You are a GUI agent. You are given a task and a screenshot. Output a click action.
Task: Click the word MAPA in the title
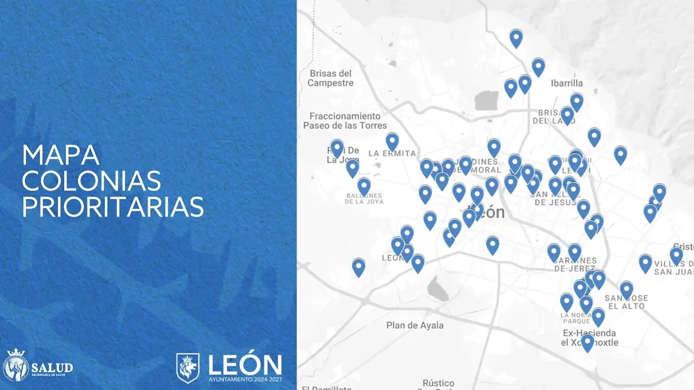tap(61, 156)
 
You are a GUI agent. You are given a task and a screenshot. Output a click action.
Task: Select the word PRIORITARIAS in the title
tap(113, 207)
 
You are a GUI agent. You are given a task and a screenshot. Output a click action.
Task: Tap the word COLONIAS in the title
tap(91, 181)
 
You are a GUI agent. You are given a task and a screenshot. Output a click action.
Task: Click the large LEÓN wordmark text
tap(245, 364)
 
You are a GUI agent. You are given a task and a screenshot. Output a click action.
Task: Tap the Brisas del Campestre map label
tap(330, 78)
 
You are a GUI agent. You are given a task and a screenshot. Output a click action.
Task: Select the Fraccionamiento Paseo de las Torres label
tap(345, 121)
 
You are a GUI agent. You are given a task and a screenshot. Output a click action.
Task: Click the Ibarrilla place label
tap(567, 83)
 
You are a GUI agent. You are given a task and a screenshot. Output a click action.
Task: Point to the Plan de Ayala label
tap(415, 325)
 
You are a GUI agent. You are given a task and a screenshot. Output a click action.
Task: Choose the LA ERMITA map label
tap(392, 153)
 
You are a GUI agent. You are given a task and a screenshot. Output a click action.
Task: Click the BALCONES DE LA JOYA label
tap(364, 199)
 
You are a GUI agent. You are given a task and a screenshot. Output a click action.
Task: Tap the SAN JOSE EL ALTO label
tap(626, 302)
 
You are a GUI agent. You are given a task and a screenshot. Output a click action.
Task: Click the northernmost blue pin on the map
tap(516, 38)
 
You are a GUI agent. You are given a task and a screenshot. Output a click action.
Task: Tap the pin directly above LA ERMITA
tap(392, 141)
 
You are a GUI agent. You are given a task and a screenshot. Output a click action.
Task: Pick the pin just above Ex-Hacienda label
tap(598, 316)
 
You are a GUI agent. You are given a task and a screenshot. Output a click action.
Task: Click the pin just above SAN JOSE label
tap(626, 289)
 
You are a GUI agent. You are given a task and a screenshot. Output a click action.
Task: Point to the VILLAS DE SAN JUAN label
tap(673, 268)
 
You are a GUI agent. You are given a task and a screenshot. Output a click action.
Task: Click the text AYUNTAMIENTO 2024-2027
tap(245, 380)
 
